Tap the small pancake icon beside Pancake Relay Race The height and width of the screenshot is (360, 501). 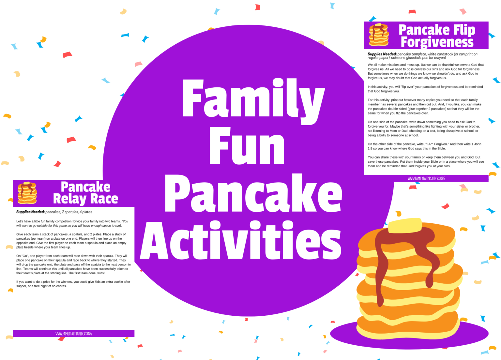tap(27, 193)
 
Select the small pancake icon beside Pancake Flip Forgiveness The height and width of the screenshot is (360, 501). tap(379, 35)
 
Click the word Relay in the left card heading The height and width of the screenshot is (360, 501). tap(69, 199)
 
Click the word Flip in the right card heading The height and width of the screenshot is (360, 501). tap(464, 30)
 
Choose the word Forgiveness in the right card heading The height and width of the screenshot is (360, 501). tap(437, 42)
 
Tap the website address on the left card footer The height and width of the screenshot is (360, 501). tap(74, 334)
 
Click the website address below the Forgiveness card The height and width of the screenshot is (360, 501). tap(426, 178)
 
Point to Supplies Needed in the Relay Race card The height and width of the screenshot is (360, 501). tap(30, 212)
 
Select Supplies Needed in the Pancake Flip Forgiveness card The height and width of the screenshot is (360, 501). tap(382, 54)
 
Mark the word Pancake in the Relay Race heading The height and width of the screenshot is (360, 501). tap(85, 187)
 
